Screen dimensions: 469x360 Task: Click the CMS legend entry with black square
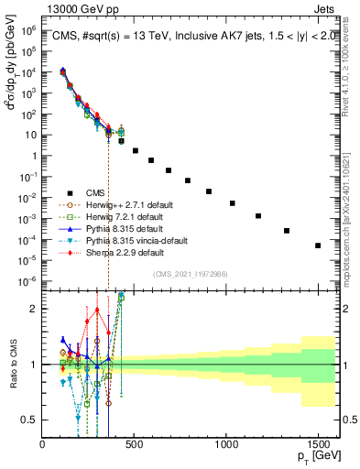[83, 192]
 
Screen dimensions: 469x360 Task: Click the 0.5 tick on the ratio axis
[31, 420]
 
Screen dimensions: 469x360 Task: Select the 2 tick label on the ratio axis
[35, 309]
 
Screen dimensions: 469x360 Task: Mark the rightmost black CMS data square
[318, 245]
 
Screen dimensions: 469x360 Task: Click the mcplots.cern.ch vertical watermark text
[352, 211]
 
